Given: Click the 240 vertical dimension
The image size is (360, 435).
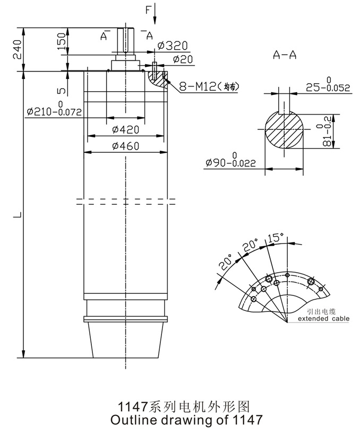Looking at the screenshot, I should coord(16,49).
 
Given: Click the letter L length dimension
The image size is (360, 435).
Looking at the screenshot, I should coord(18,215).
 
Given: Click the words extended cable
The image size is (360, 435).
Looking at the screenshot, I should coord(323,319).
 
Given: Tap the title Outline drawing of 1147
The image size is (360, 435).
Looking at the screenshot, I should coord(185,421).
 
